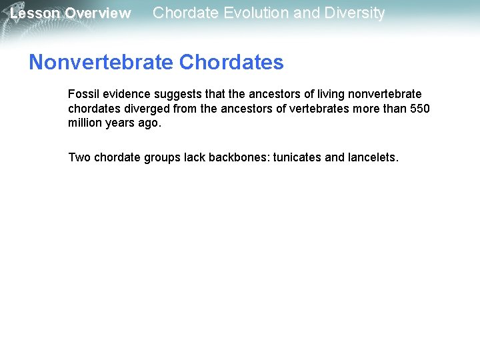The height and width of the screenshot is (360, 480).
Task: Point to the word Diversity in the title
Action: [x=353, y=13]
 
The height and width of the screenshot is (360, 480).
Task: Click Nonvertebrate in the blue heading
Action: [x=101, y=63]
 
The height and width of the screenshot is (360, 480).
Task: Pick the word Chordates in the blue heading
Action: [x=231, y=63]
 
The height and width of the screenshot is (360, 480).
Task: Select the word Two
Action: [x=79, y=158]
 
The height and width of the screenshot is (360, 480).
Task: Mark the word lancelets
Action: [x=372, y=158]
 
